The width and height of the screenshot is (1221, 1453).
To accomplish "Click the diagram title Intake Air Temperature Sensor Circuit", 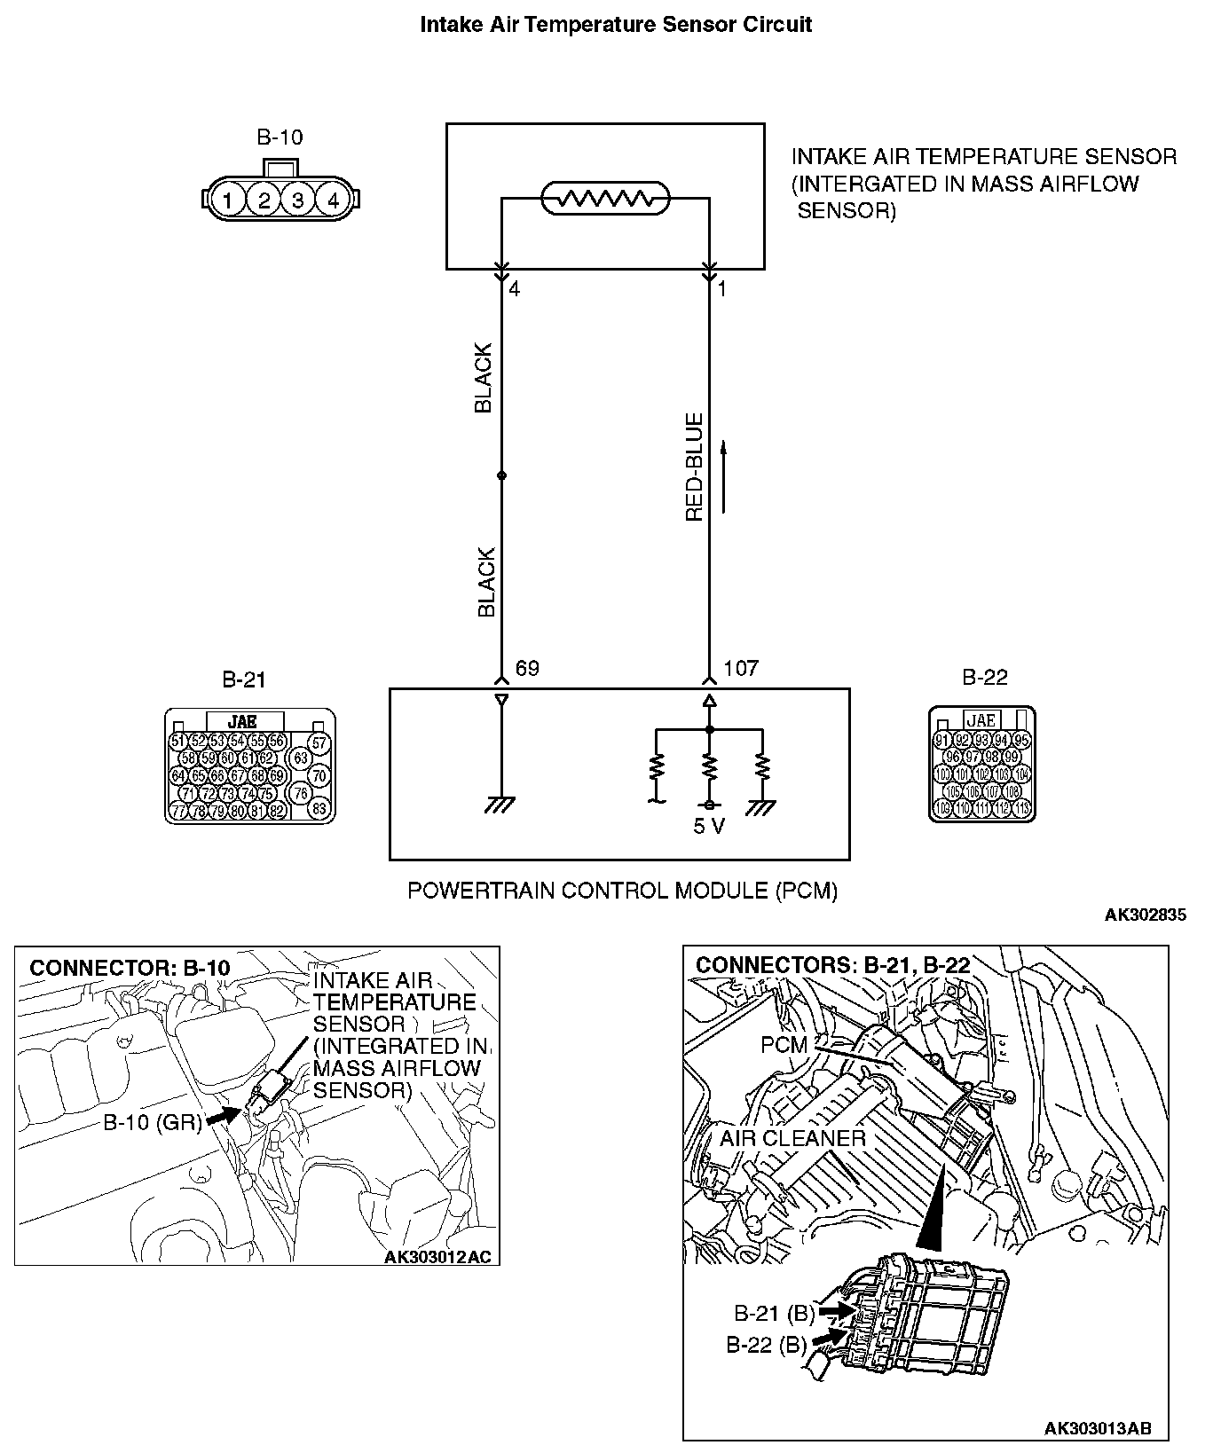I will [615, 24].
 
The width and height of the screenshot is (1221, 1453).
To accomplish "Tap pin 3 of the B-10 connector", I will [298, 200].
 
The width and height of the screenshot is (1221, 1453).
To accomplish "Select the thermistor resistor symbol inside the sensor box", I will [605, 199].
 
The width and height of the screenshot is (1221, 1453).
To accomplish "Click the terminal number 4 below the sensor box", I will [515, 289].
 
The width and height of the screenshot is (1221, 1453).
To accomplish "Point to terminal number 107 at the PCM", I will [741, 668].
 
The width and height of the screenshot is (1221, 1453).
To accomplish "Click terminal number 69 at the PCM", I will [527, 668].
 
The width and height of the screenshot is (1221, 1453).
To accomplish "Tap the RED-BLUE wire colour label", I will [694, 467].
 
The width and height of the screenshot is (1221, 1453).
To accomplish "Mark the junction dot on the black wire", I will [501, 475].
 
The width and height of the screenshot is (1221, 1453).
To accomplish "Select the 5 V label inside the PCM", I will [709, 827].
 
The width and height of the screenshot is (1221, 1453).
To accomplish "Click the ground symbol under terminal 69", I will [500, 805].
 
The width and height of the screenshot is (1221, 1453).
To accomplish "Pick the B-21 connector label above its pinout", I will [243, 680].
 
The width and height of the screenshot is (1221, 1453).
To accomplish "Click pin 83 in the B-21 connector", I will [320, 808].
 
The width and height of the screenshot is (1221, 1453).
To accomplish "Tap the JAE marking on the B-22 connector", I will [981, 720].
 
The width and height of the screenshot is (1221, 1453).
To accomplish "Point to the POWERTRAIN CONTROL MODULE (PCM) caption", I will [622, 890].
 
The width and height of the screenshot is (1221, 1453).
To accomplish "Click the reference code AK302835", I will [1145, 915].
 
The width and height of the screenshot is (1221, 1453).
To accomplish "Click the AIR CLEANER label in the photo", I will [792, 1138].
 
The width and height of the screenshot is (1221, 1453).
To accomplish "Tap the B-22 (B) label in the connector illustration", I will [766, 1345].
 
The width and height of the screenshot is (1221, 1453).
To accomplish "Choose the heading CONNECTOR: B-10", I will [130, 967].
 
